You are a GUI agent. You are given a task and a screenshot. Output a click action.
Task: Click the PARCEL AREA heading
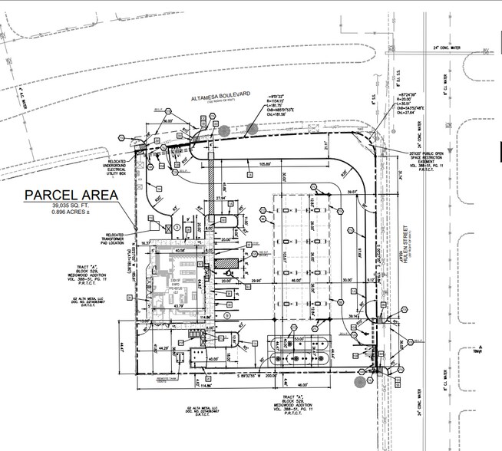[71, 195]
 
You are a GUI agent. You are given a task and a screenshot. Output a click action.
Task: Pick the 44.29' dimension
[161, 349]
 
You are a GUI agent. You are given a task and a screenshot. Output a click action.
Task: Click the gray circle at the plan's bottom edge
[358, 379]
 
